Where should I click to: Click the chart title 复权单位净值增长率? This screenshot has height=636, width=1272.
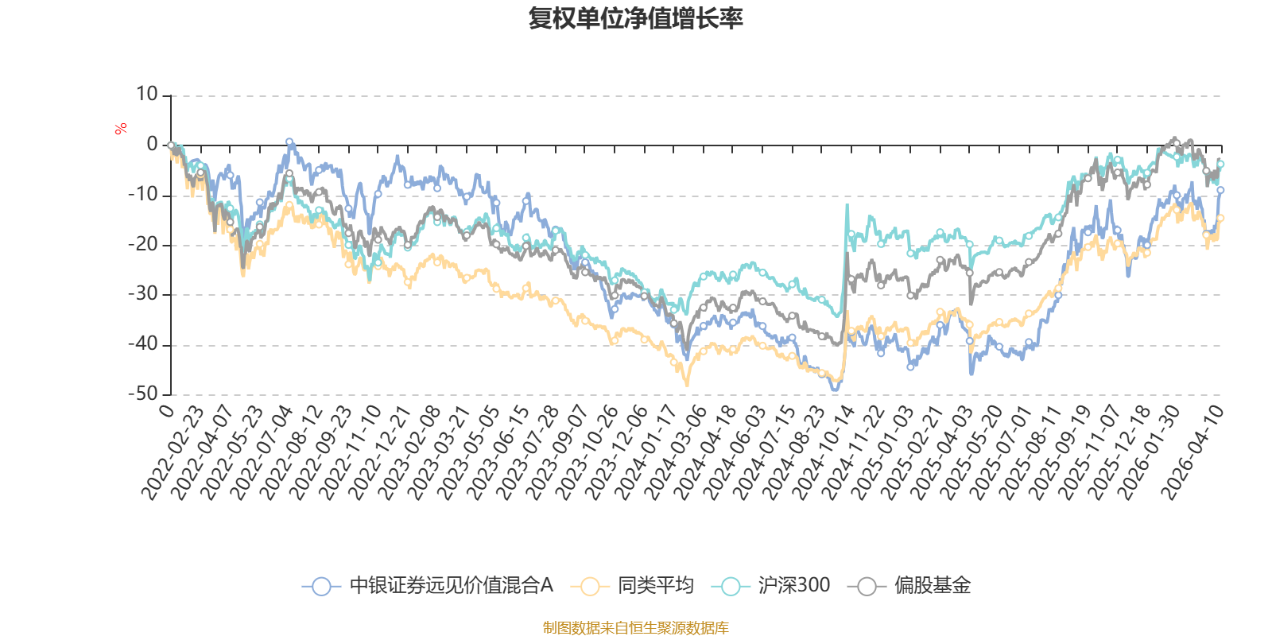click(636, 18)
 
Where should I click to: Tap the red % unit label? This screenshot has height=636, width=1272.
click(121, 129)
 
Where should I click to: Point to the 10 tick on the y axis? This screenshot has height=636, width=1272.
click(147, 95)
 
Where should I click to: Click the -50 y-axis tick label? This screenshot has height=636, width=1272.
click(143, 394)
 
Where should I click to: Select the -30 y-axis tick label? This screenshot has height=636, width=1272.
click(143, 294)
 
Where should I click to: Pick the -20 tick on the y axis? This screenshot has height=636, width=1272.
click(143, 245)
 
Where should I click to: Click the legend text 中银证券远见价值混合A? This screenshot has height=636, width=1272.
click(451, 586)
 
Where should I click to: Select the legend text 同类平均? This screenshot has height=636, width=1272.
click(656, 586)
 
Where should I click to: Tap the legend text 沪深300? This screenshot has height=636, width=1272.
click(793, 586)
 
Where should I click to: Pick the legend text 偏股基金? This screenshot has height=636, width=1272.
click(933, 586)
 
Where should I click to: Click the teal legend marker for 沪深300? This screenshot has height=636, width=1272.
click(731, 587)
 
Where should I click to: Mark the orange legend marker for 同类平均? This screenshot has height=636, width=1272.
click(590, 587)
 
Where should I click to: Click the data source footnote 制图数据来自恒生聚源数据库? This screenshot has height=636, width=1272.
click(636, 628)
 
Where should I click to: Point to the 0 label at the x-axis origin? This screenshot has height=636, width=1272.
click(166, 410)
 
